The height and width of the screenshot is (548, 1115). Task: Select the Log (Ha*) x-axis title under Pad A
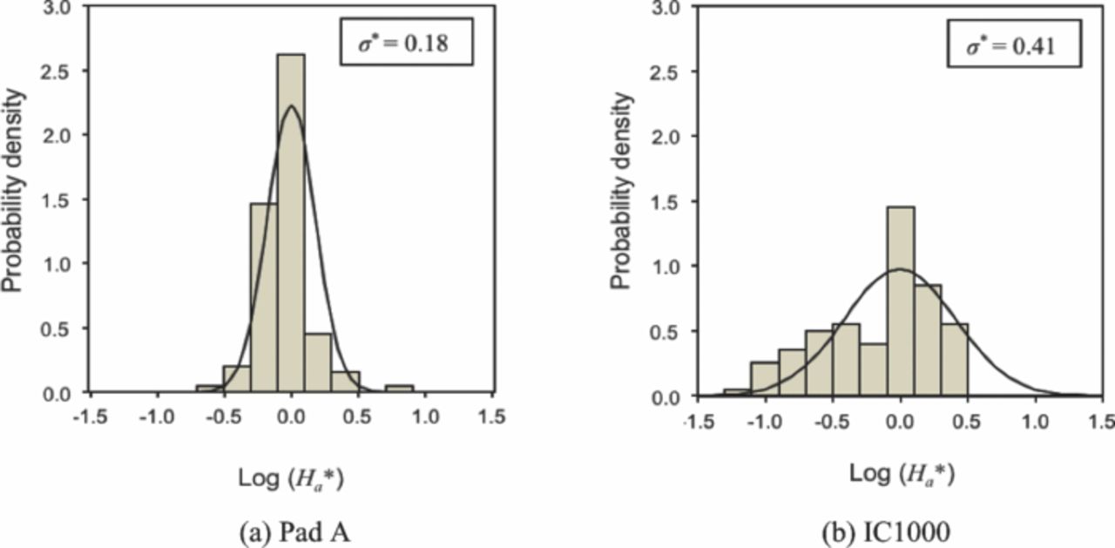[294, 478]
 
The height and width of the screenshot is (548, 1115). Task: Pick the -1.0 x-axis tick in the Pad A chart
[156, 416]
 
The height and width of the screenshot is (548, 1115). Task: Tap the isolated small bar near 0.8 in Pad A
[399, 389]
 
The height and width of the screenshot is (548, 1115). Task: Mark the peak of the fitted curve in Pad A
[291, 106]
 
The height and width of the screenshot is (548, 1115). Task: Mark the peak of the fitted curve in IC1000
[901, 269]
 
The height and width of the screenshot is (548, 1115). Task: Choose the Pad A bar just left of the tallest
[264, 297]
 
